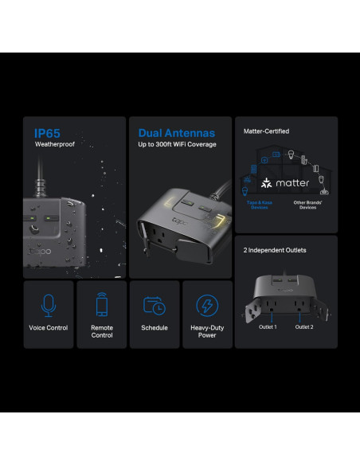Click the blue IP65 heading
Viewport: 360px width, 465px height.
coord(47,133)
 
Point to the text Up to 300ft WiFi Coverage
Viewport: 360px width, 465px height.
coord(178,144)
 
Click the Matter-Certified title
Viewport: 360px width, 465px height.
coord(266,131)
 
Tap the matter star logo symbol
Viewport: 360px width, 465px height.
coord(267,184)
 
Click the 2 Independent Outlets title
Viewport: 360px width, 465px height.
coord(275,250)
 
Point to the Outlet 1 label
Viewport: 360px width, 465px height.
coord(268,326)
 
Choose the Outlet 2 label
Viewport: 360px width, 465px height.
coord(305,326)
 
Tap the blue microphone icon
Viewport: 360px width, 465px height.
coord(49,305)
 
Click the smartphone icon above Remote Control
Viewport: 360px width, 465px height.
coord(102,305)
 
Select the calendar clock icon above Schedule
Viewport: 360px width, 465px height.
coord(154,305)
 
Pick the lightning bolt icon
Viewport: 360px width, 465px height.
coord(207,305)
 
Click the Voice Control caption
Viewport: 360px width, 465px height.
coord(49,328)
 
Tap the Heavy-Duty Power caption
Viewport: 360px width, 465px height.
coord(207,331)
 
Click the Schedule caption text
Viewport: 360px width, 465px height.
coord(155,328)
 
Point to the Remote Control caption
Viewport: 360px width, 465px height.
coord(102,331)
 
